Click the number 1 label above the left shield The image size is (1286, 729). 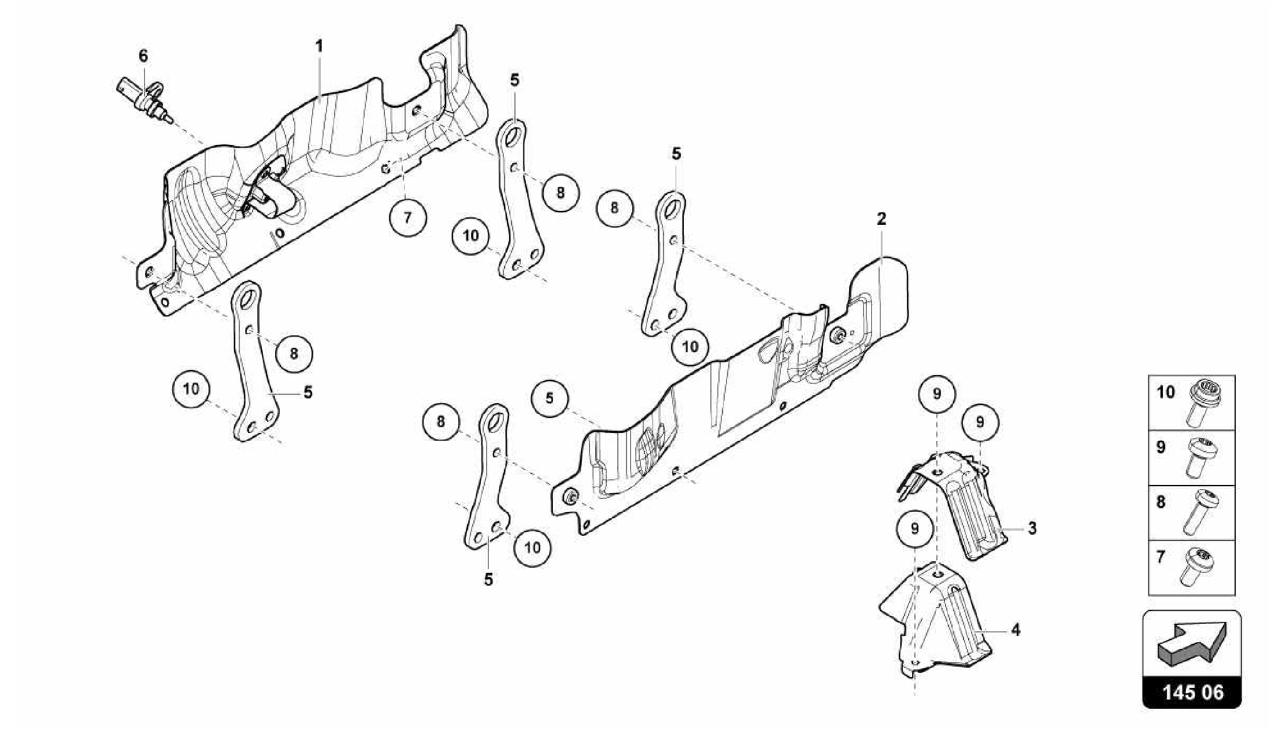click(319, 46)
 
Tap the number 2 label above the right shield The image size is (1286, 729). click(882, 219)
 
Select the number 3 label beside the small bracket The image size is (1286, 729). click(1032, 529)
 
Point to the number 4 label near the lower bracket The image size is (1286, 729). click(1016, 629)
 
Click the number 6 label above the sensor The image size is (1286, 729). click(143, 57)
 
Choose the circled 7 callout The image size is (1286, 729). click(408, 217)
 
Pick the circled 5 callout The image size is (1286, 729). click(549, 398)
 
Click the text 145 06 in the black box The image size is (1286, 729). click(1192, 693)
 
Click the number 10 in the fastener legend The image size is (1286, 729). click(1165, 393)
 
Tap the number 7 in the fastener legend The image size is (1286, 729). click(1161, 557)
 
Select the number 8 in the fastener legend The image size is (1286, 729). click(1161, 502)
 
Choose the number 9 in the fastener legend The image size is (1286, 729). click(1161, 447)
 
